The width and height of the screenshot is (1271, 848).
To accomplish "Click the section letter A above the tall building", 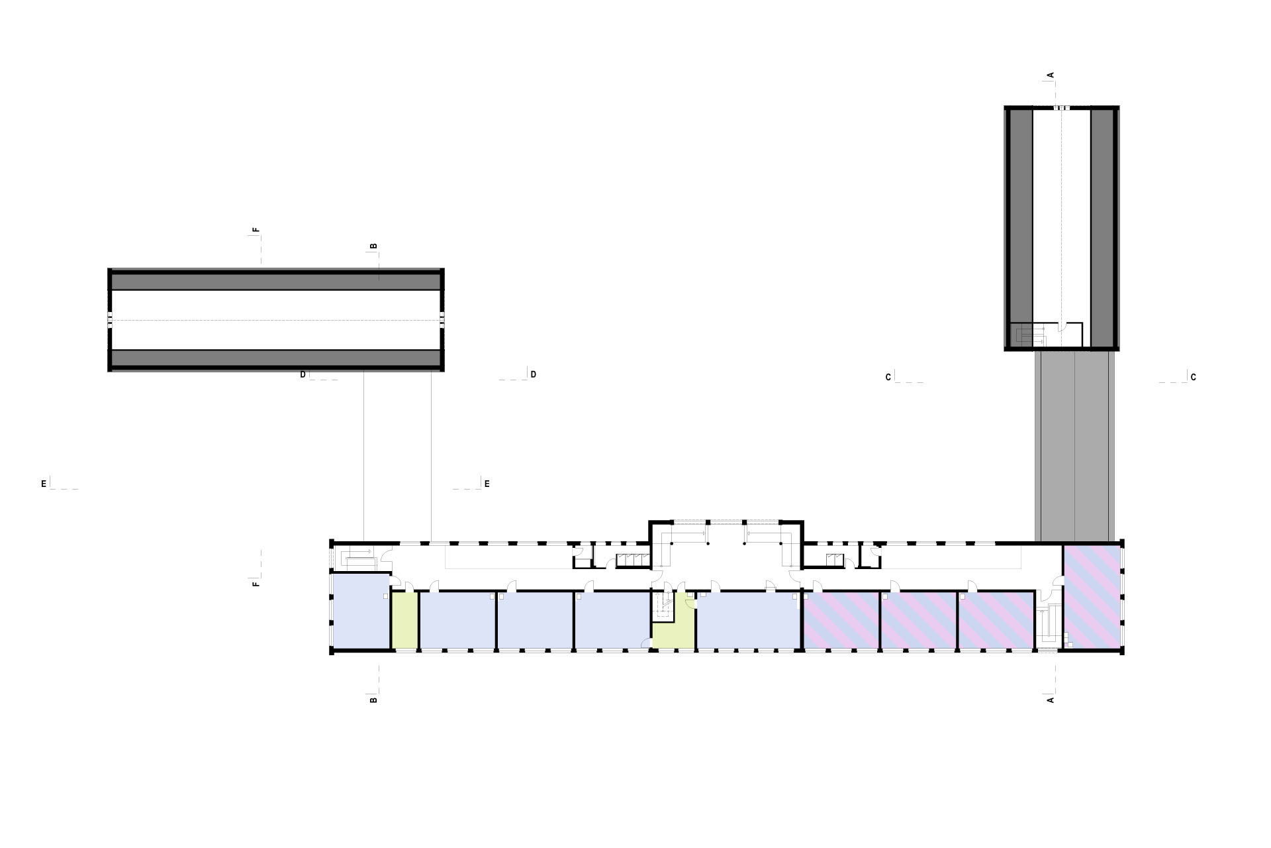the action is click(x=1051, y=76).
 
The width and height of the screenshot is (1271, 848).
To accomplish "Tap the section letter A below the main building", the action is click(x=1051, y=700).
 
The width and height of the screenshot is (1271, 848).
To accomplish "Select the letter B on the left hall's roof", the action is click(x=373, y=246).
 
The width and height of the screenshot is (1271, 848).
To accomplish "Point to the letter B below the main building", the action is click(x=373, y=700).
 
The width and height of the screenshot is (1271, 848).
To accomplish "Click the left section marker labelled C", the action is click(x=888, y=378).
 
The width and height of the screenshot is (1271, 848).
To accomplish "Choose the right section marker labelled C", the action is click(x=1194, y=378).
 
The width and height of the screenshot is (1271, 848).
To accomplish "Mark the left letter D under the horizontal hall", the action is click(x=303, y=375).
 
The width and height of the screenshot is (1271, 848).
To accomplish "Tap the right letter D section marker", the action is click(x=534, y=375).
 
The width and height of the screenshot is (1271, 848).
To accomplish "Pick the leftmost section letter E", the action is click(x=44, y=484).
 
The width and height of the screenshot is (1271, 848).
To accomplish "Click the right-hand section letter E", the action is click(x=487, y=484).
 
